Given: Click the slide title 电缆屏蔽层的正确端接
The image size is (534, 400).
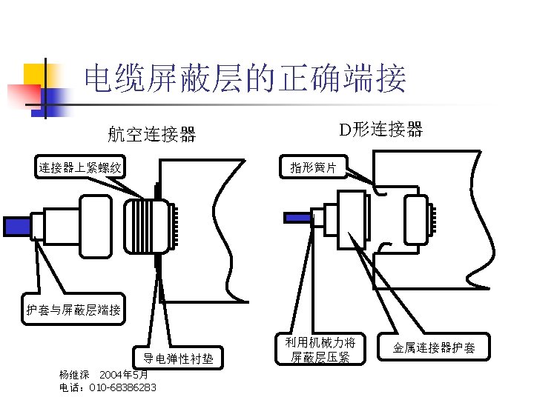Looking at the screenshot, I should click(245, 79).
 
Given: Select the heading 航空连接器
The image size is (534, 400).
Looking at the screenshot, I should click(151, 134).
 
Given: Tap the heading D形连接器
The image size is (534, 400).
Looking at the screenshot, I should click(380, 130).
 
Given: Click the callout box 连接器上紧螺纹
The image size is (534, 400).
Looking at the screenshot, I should click(80, 167).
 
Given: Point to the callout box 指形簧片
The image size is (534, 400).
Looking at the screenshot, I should click(313, 167).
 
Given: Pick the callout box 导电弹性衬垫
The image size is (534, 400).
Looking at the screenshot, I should click(178, 359).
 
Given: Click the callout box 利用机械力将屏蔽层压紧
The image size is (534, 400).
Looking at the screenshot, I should click(320, 350).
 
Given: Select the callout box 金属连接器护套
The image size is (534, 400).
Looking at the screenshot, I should click(434, 347).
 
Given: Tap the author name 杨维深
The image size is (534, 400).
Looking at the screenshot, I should click(74, 375).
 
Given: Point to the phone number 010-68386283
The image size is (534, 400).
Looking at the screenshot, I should click(122, 387).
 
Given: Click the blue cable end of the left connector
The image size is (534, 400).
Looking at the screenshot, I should click(16, 226).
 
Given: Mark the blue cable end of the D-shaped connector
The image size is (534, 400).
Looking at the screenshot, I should click(297, 217).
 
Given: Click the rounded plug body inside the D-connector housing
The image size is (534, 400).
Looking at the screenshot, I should click(415, 220).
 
